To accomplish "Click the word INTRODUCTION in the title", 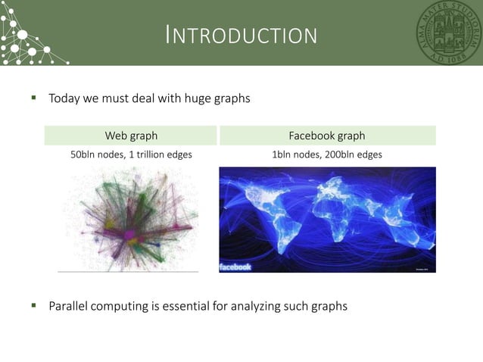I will tap(241, 35).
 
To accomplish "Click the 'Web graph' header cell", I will tap(131, 136).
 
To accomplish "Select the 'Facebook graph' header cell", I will tap(327, 136).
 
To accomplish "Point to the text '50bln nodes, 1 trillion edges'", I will tap(131, 154).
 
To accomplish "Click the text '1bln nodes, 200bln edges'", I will tap(327, 154).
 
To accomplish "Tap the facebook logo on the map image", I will tap(235, 267).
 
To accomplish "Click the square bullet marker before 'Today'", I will tap(33, 98).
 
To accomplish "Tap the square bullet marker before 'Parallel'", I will tap(33, 306).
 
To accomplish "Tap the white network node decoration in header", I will tap(23, 34).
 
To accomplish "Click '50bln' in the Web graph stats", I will tap(83, 154).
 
